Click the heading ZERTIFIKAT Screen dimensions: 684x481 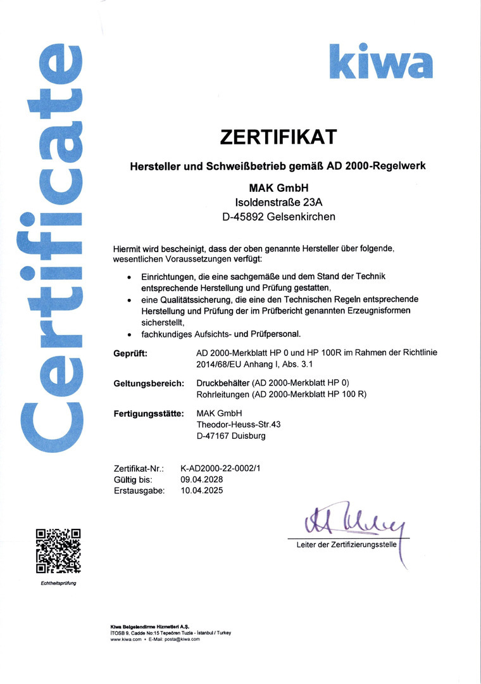tap(277, 136)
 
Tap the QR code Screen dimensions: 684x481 tap(58, 551)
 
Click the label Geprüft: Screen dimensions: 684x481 tap(130, 353)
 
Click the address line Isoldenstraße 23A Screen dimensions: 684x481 tap(277, 202)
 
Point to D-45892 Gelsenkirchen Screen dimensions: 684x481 tap(277, 217)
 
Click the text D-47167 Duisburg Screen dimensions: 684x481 tap(231, 436)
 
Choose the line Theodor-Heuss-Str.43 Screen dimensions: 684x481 tap(239, 425)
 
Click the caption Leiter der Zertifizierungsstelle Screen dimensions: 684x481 tap(346, 545)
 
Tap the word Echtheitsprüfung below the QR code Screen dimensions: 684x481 tap(58, 583)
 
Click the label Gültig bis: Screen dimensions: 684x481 tap(133, 479)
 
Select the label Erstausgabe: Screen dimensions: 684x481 tap(139, 490)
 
